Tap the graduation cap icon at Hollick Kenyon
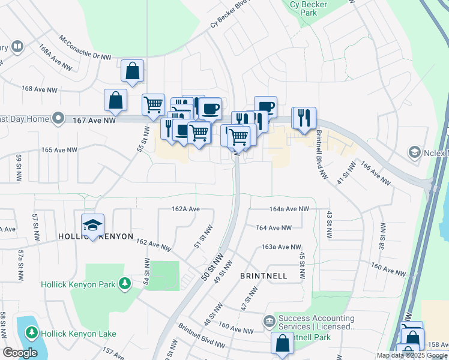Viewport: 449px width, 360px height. click(x=92, y=225)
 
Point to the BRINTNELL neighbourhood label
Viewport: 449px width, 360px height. click(x=264, y=275)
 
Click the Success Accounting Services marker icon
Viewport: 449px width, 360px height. click(x=269, y=322)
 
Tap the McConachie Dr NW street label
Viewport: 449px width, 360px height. click(x=85, y=47)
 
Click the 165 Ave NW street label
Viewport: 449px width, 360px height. click(x=59, y=149)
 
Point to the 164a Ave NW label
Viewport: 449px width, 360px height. click(x=289, y=209)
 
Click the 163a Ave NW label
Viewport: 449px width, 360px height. click(x=281, y=247)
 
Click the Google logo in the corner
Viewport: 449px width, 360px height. click(x=20, y=353)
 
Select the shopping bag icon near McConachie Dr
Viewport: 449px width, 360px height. click(x=132, y=71)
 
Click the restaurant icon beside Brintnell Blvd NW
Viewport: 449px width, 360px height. click(x=304, y=117)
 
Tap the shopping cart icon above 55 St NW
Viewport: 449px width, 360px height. click(x=153, y=104)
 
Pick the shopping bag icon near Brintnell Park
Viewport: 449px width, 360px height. click(x=282, y=344)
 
